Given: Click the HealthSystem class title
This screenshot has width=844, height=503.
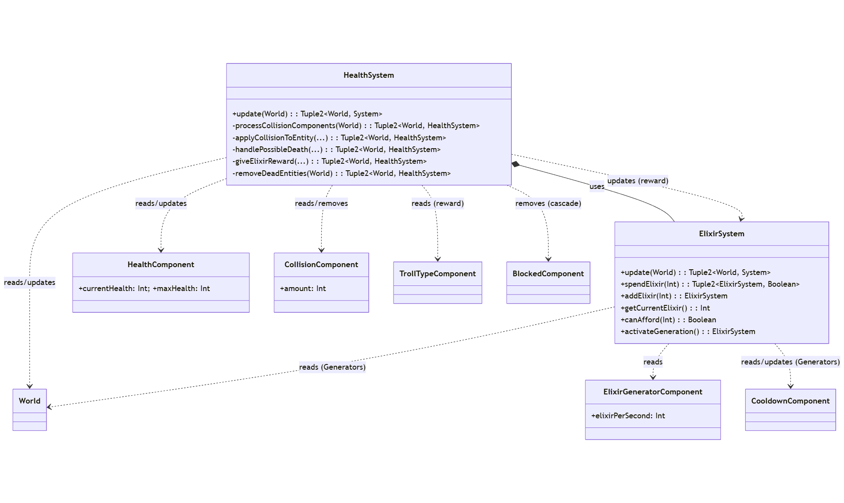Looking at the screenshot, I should click(369, 75).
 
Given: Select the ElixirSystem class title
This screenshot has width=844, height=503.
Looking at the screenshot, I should click(721, 234).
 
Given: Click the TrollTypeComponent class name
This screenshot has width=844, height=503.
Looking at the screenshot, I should click(437, 274).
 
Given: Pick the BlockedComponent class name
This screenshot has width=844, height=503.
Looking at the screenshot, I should click(548, 274).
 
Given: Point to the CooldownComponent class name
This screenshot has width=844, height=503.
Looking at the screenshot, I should click(790, 401).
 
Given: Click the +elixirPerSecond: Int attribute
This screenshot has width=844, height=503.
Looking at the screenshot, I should click(628, 416).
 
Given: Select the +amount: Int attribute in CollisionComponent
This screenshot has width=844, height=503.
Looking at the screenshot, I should click(303, 288).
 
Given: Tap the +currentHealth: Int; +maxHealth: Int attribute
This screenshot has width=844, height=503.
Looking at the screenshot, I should click(144, 288).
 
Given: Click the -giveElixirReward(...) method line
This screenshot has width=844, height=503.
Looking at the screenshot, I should click(329, 161).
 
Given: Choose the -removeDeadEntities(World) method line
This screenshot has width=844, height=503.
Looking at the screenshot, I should click(341, 173).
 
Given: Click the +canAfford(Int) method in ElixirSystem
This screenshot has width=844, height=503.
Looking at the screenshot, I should click(668, 320).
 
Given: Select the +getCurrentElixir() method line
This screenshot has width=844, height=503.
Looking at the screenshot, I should click(665, 308).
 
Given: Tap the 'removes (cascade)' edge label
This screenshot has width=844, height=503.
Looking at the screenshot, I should click(548, 203).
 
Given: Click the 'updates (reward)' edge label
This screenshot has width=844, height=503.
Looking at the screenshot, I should click(637, 181).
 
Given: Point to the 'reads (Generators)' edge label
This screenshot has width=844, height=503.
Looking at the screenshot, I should click(332, 367).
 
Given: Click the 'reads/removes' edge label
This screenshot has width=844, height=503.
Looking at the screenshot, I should click(321, 203).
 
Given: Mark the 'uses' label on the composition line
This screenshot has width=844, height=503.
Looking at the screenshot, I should click(597, 186).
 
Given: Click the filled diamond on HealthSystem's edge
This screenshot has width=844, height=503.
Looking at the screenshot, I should click(516, 164).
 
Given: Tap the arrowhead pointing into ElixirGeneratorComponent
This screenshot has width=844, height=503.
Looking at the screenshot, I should click(653, 377).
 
